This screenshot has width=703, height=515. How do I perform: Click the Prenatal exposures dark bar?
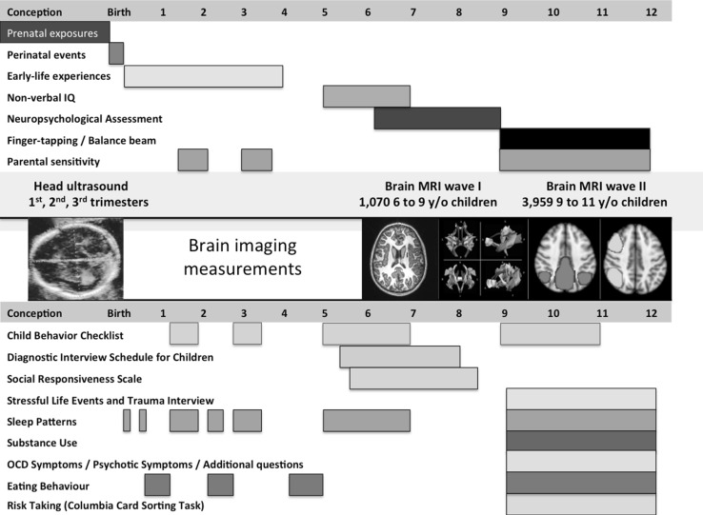point(55,32)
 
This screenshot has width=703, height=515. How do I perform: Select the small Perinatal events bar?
point(116,54)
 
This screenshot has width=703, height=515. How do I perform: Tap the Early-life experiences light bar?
point(203,75)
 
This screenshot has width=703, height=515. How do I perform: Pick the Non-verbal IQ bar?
point(366,96)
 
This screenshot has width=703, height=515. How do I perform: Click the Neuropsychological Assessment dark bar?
point(437,118)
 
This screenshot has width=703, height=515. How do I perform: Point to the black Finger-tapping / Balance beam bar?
point(574,139)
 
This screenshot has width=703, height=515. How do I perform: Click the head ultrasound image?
point(75,259)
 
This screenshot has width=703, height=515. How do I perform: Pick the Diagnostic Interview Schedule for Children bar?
point(400,356)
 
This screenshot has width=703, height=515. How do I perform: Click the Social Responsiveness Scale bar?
point(413,378)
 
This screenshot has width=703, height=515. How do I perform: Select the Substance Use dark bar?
point(581,442)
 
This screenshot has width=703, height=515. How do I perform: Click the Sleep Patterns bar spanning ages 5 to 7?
point(366,421)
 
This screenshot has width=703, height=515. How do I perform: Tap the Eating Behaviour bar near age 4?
point(306,485)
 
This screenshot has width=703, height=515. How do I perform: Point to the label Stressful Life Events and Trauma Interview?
point(110,400)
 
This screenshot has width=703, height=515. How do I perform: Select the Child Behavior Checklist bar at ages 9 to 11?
point(550,334)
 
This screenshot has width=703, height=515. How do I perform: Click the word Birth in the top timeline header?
point(119,12)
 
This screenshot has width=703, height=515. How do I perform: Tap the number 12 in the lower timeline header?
point(651,313)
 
